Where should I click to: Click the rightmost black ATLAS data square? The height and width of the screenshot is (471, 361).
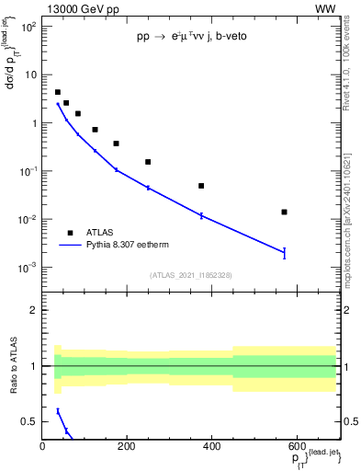(x=285, y=213)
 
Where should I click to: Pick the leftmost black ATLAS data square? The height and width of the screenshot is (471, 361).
(x=58, y=92)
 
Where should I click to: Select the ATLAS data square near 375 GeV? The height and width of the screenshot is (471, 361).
(x=201, y=186)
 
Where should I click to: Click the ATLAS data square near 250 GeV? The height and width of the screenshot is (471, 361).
(x=148, y=162)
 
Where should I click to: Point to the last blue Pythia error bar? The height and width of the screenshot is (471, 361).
(x=285, y=252)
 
